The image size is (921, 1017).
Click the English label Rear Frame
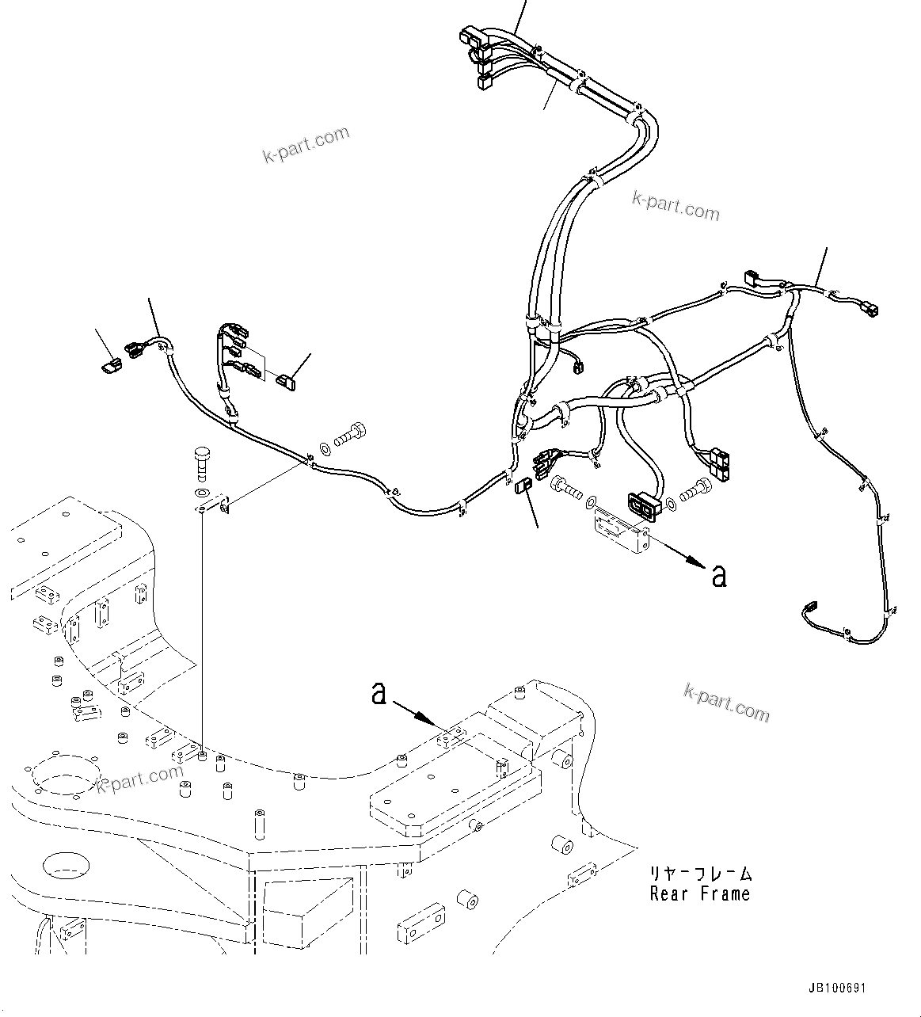tap(699, 894)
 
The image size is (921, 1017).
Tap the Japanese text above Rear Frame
tap(699, 874)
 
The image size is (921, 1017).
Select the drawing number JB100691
tap(837, 988)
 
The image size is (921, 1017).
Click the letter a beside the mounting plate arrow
tap(718, 576)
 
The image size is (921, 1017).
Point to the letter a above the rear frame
tap(379, 695)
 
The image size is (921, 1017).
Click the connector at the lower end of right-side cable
tap(809, 609)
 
